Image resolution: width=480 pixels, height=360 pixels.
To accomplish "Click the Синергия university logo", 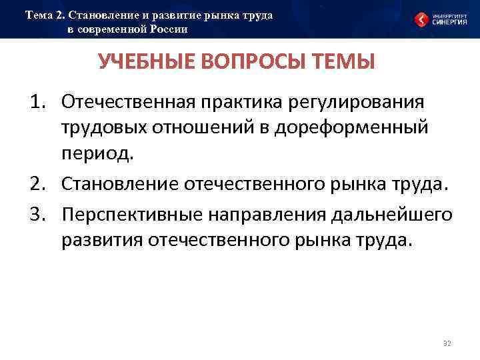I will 441,19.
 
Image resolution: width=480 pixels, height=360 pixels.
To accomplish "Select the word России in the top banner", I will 167,29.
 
